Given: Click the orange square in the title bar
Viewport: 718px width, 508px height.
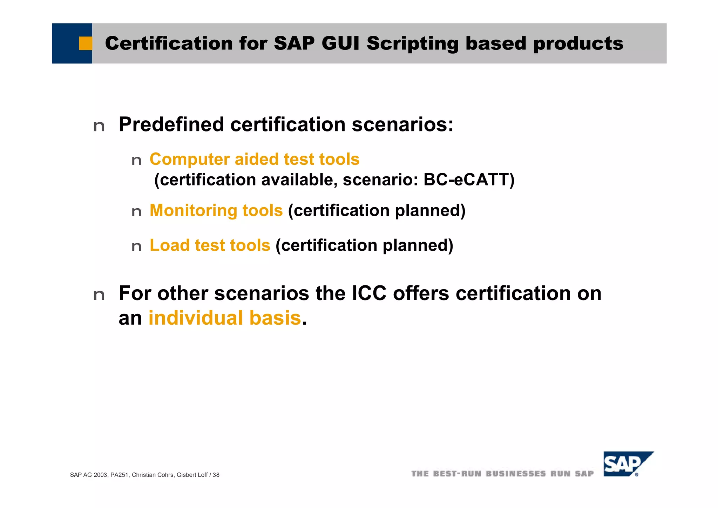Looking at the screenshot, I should pyautogui.click(x=85, y=43).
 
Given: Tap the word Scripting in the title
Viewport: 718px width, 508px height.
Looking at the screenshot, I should pyautogui.click(x=413, y=43).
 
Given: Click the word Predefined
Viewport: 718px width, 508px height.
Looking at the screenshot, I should pyautogui.click(x=171, y=124).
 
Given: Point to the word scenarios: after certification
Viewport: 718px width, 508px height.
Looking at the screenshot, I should pyautogui.click(x=402, y=124).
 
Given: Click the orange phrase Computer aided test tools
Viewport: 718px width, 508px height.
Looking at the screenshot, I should pyautogui.click(x=255, y=159).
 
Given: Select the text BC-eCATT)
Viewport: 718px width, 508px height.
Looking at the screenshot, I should pyautogui.click(x=469, y=180).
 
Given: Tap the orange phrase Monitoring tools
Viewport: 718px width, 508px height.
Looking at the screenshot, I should pyautogui.click(x=216, y=211).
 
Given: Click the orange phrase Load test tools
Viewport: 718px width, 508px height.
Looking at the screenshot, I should pyautogui.click(x=210, y=245).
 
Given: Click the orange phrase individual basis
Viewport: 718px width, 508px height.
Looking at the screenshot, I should pyautogui.click(x=225, y=318).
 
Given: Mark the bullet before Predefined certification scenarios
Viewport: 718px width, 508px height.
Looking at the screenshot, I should pyautogui.click(x=99, y=126).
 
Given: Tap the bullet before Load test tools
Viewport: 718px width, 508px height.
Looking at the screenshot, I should pyautogui.click(x=136, y=247).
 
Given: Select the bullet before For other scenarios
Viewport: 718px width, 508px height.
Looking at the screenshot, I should pyautogui.click(x=99, y=295).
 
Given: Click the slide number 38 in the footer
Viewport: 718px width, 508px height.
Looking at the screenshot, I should pyautogui.click(x=216, y=475).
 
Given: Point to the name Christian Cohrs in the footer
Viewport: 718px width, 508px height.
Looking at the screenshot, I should pyautogui.click(x=153, y=475).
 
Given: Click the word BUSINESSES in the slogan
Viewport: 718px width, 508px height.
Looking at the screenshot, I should pyautogui.click(x=515, y=474).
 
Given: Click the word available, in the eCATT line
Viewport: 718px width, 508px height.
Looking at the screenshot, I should pyautogui.click(x=299, y=180).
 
